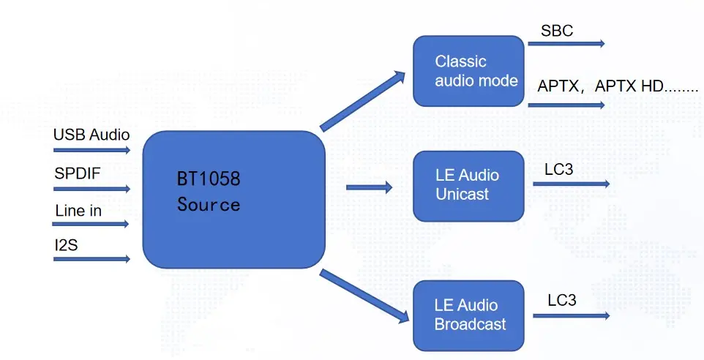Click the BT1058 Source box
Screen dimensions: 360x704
pos(233,200)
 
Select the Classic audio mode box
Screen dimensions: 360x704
pos(468,71)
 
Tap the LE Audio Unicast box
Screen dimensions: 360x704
pos(468,186)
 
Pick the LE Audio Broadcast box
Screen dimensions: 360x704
pos(468,315)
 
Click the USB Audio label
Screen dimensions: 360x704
pos(91,135)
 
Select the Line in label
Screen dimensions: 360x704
pos(78,211)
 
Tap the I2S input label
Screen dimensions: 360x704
pos(66,245)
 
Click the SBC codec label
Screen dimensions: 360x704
pos(557,31)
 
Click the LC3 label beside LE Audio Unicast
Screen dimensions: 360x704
pos(558,170)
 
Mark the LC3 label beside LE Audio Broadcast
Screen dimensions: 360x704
pos(562,301)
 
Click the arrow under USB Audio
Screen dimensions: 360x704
pos(91,151)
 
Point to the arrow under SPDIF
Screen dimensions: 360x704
pos(91,189)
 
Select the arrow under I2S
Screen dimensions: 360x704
pos(91,259)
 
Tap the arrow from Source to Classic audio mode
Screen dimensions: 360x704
pos(363,101)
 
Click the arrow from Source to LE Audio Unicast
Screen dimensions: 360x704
pos(369,187)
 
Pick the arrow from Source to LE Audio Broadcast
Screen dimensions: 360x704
pos(364,296)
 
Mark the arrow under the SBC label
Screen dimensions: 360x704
pos(566,44)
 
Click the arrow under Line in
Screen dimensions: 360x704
pos(91,224)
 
